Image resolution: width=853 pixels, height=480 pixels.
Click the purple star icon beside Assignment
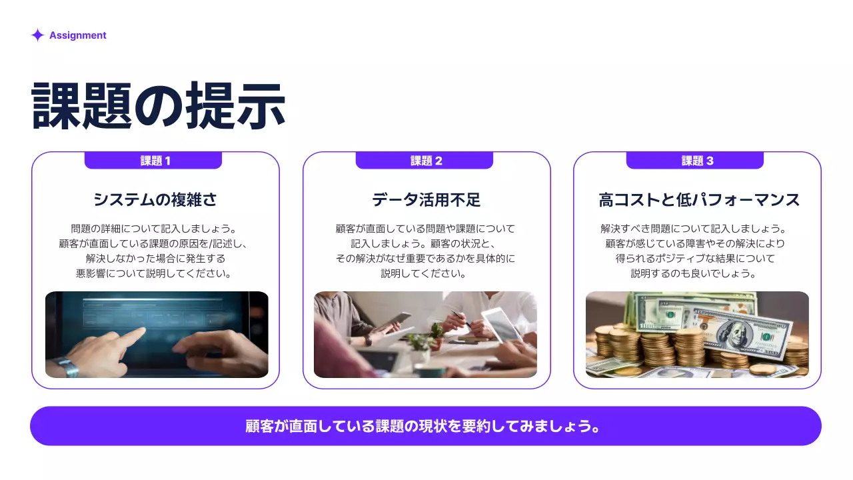click(37, 35)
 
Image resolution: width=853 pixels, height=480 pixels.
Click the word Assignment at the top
click(77, 35)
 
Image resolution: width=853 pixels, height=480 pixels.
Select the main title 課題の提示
click(159, 105)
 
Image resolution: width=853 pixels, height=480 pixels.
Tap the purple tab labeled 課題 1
click(153, 161)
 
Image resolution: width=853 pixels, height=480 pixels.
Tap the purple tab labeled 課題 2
click(425, 161)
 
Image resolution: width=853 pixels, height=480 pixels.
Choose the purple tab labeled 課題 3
click(695, 161)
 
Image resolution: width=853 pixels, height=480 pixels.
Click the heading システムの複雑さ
click(155, 200)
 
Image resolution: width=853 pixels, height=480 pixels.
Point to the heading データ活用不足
click(426, 200)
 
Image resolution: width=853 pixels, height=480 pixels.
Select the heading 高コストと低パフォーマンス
click(698, 200)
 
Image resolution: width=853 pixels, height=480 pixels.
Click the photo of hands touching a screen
click(157, 334)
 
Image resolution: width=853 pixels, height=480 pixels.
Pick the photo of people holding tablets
click(425, 334)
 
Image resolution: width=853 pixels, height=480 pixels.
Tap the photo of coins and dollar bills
click(697, 334)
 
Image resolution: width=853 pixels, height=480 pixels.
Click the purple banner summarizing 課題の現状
click(425, 426)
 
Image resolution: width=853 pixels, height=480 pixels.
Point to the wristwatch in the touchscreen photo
click(67, 367)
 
